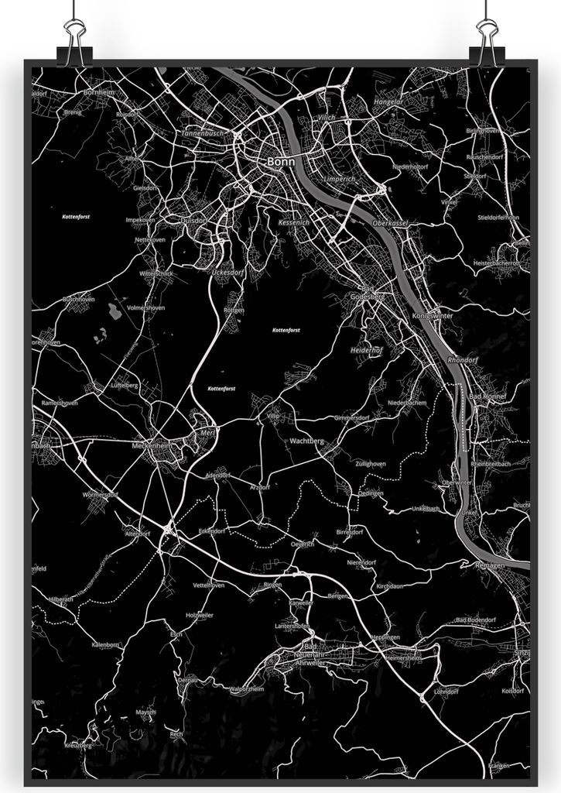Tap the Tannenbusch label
pyautogui.click(x=203, y=132)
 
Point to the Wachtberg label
pyautogui.click(x=306, y=441)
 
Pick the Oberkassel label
pyautogui.click(x=389, y=223)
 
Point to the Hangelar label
pyautogui.click(x=388, y=101)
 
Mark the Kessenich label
pyautogui.click(x=293, y=222)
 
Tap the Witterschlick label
pyautogui.click(x=156, y=274)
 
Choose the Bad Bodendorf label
pyautogui.click(x=475, y=620)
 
